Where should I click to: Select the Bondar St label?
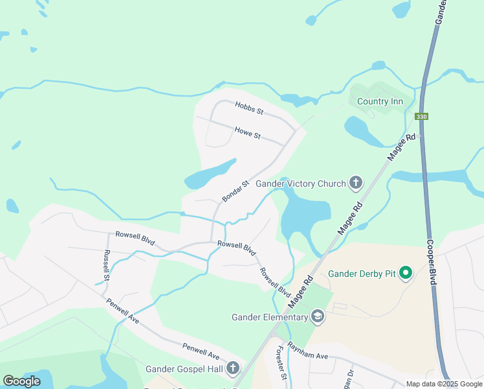[236, 191]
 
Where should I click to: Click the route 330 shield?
[421, 117]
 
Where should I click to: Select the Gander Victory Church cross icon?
[355, 183]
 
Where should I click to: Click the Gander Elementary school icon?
[318, 316]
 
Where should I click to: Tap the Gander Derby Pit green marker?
[406, 274]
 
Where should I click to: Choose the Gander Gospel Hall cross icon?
[233, 369]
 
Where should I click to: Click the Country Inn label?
[380, 101]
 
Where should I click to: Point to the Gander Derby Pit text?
[361, 274]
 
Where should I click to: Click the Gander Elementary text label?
[270, 317]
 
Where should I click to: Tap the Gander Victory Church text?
[301, 183]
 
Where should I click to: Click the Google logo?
[21, 381]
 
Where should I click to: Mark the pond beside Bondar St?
[210, 173]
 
